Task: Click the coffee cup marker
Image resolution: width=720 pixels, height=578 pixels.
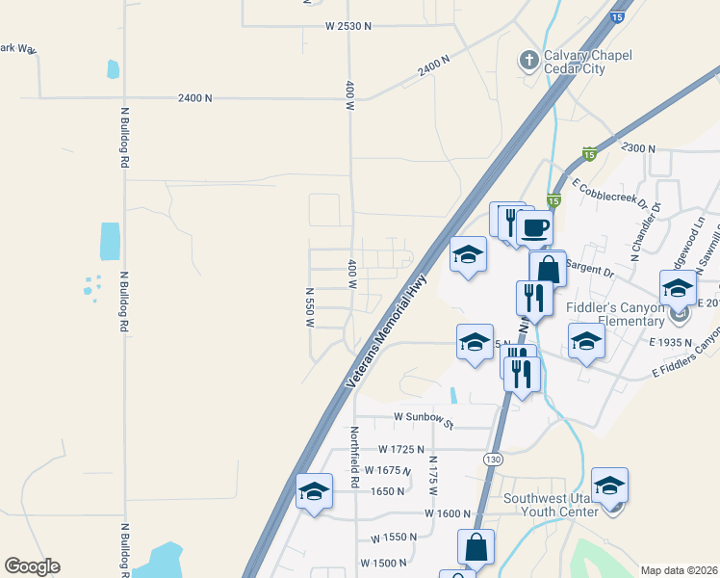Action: point(535,228)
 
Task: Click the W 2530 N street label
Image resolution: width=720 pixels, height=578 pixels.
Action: point(335,26)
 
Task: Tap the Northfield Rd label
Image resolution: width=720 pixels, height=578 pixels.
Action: point(354,456)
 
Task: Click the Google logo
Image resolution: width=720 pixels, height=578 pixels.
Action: point(32,565)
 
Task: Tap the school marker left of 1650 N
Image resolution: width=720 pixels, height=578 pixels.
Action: point(314,491)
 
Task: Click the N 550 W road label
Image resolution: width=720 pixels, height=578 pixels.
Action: point(310,307)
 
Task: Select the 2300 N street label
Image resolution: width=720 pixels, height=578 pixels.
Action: point(638,148)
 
